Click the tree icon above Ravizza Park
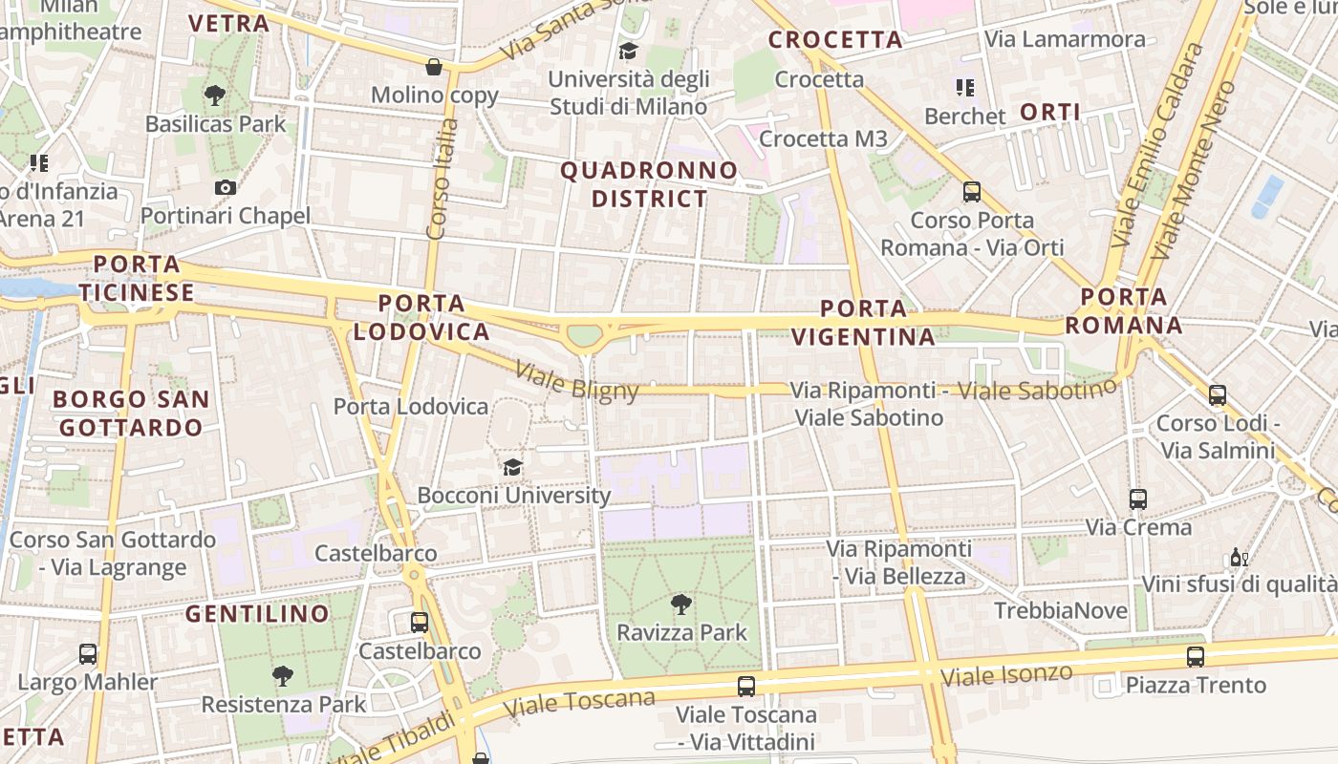(x=680, y=604)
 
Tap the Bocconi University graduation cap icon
(x=513, y=467)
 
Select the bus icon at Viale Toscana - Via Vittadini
(x=746, y=686)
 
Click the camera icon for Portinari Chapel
(x=225, y=187)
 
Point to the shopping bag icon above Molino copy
(x=434, y=67)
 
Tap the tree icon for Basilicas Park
(x=215, y=95)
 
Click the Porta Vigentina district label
(x=863, y=323)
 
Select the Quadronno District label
(x=649, y=185)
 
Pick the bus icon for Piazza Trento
(x=1196, y=656)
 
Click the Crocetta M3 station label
(x=823, y=139)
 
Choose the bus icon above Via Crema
(x=1138, y=499)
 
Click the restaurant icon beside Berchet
(x=965, y=89)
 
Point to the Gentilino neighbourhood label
(x=257, y=613)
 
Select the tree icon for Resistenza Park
(x=283, y=676)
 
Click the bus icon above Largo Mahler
(x=88, y=654)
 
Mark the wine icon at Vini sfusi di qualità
(x=1239, y=557)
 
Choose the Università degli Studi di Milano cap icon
(x=628, y=51)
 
